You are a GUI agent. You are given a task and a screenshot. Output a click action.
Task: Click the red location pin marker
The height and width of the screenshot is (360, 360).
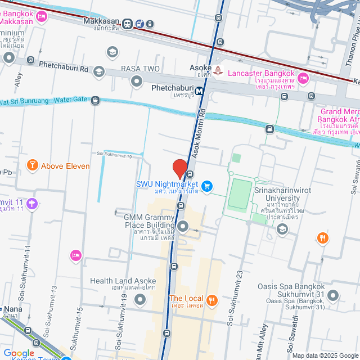179,169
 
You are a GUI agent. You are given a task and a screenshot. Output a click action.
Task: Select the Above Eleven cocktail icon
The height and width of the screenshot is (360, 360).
32,165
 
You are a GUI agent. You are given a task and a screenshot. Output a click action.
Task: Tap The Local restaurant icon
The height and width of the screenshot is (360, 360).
212,299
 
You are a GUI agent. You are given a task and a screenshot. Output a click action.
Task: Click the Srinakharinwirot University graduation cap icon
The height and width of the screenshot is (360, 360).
282,228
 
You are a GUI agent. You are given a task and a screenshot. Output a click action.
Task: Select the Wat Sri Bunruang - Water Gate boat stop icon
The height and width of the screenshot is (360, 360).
95,100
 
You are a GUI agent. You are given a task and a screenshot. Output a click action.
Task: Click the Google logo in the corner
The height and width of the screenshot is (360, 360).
19,353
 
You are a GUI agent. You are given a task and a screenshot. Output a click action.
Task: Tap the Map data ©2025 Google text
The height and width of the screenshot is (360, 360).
325,355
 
